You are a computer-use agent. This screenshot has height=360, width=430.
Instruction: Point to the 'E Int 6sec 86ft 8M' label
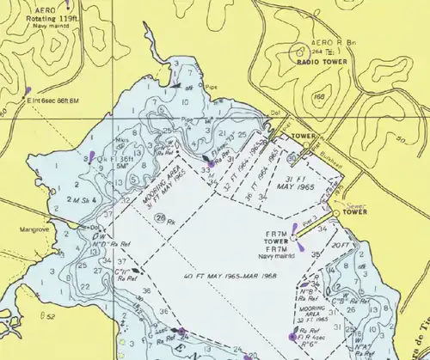[x=54, y=101]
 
